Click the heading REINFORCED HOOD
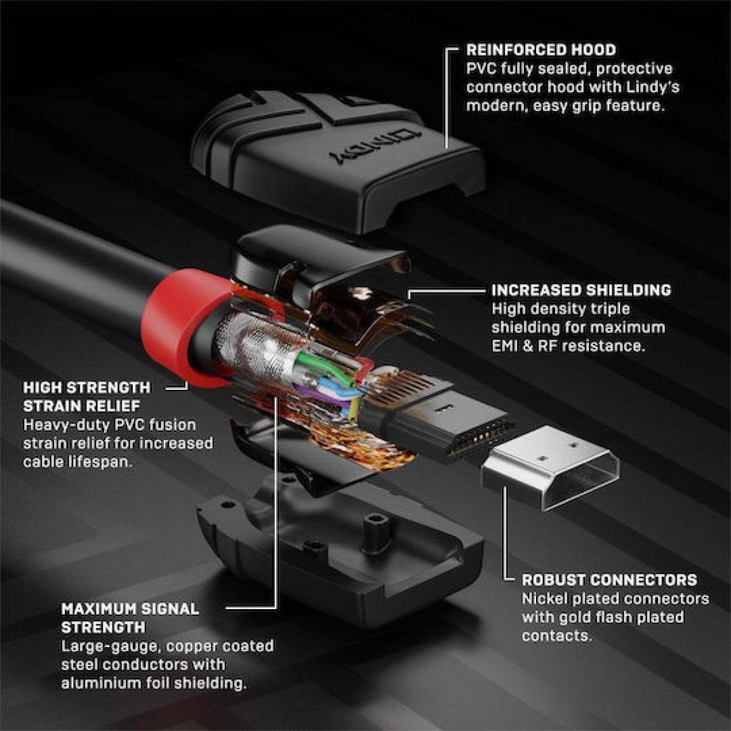(x=541, y=50)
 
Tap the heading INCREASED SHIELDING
(x=581, y=290)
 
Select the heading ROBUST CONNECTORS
(x=609, y=580)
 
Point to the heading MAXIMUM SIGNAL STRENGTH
(x=130, y=618)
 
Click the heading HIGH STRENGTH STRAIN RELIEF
(x=87, y=397)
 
